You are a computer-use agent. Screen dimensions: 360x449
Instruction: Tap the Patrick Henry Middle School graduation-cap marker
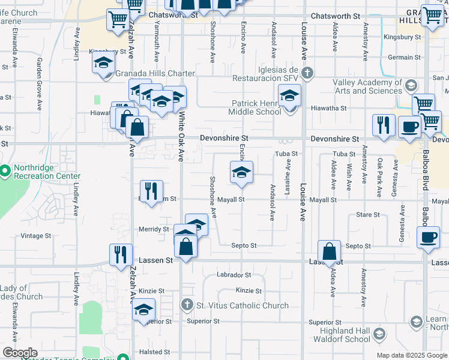(x=289, y=96)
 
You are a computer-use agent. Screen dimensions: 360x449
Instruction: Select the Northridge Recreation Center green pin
(x=5, y=172)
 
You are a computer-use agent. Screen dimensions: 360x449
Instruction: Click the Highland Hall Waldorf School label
(x=337, y=335)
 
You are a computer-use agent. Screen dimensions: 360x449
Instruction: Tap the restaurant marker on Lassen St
(x=121, y=254)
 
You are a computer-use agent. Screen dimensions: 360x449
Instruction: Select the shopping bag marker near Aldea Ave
(x=330, y=251)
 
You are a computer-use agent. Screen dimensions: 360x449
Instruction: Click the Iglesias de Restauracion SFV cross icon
(x=307, y=74)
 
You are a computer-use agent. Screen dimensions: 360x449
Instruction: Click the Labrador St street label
(x=235, y=275)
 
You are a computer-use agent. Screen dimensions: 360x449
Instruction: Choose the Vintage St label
(x=36, y=236)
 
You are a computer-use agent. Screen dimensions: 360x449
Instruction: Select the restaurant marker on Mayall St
(x=151, y=191)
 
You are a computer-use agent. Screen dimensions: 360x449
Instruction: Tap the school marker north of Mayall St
(x=241, y=172)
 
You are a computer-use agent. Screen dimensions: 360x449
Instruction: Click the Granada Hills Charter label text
(x=155, y=74)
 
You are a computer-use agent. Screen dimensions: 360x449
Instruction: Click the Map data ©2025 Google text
(x=412, y=355)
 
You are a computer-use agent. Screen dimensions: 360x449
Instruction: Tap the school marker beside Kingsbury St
(x=103, y=62)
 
